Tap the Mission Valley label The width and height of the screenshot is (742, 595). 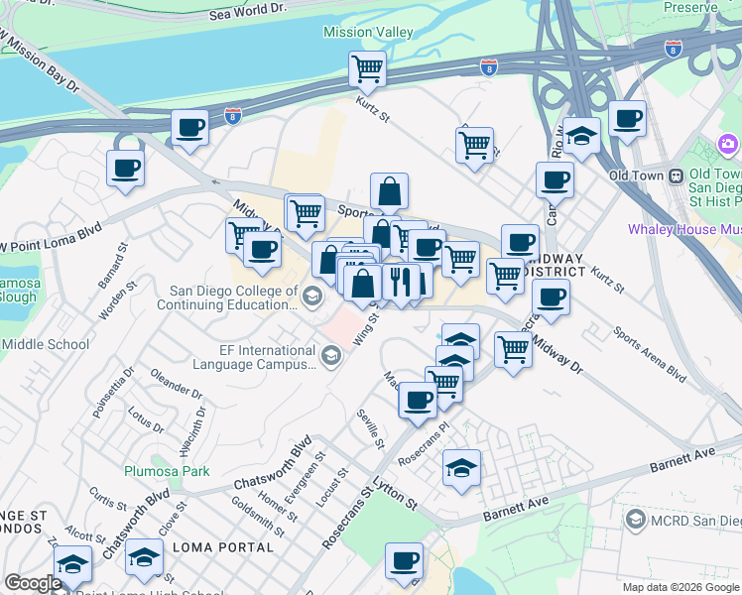(368, 33)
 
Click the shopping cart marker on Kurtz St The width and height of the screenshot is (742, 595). (367, 70)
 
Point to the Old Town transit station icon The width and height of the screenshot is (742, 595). (676, 176)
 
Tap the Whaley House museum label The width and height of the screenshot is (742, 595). (684, 229)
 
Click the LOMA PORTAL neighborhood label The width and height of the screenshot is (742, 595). (222, 547)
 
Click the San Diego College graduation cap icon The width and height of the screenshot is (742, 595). (311, 296)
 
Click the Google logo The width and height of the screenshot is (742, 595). (33, 584)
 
